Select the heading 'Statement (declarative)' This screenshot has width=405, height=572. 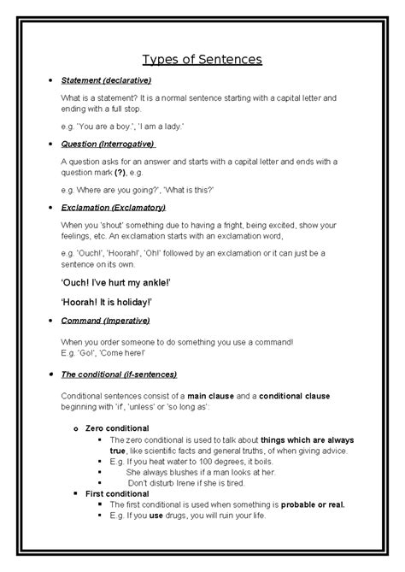(x=106, y=81)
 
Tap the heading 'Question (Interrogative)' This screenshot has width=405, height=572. (x=108, y=144)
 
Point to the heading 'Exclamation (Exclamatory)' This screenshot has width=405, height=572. (x=113, y=208)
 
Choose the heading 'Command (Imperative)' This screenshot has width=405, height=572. (x=105, y=321)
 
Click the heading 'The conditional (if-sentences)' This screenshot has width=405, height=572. (x=119, y=374)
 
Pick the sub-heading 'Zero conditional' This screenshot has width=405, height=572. (x=117, y=428)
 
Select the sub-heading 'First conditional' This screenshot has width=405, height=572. (x=117, y=493)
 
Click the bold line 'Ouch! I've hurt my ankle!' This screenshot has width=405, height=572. (x=128, y=283)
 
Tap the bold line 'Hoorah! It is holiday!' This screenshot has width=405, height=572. (x=122, y=302)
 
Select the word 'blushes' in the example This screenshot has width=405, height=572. (x=177, y=471)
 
